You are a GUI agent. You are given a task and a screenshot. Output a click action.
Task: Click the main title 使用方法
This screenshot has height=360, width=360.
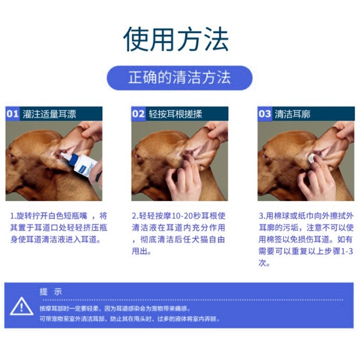click(x=176, y=39)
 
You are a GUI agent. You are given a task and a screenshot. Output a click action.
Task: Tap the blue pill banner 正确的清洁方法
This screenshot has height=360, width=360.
click(x=180, y=77)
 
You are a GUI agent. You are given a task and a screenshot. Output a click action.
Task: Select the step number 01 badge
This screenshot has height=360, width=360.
click(x=13, y=114)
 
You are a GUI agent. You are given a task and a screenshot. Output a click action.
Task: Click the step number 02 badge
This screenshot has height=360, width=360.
click(x=138, y=114)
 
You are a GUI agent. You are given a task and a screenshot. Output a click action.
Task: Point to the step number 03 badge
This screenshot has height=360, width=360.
click(x=265, y=114)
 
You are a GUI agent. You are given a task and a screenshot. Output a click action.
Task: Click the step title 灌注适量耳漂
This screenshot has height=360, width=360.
click(x=49, y=114)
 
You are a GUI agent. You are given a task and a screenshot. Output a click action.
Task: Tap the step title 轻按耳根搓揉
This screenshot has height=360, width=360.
click(x=175, y=114)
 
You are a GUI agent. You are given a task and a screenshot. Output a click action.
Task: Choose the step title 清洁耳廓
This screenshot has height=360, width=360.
click(x=292, y=114)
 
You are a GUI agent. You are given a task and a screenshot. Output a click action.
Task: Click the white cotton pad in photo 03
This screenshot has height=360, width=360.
click(x=312, y=158)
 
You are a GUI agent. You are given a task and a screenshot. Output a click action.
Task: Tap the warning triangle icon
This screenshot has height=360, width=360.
click(x=22, y=306)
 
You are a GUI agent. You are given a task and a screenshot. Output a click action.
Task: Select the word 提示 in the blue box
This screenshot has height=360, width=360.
click(x=51, y=292)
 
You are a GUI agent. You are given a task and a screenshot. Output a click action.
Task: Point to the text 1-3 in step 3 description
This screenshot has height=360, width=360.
click(x=347, y=252)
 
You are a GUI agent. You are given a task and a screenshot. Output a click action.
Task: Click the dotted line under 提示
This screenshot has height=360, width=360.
click(x=193, y=300)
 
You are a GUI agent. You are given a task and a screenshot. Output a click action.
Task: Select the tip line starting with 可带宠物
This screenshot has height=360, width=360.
click(x=130, y=319)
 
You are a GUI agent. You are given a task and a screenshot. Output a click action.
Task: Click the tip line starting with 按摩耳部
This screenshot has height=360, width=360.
click(x=115, y=308)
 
